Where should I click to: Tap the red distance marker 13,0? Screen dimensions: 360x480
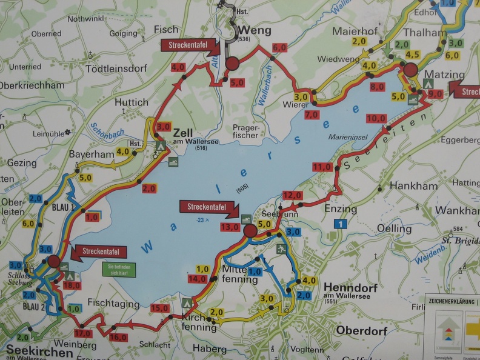point(230,227)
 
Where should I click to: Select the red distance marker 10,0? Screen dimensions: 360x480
point(376,118)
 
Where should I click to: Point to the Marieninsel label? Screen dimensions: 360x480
point(345,137)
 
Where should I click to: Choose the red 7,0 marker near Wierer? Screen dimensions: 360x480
point(312,115)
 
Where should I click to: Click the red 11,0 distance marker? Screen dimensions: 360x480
point(322,167)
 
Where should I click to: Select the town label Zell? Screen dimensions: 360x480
point(183,132)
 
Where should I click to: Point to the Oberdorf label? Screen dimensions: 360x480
point(344,330)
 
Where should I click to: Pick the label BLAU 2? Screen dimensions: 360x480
point(35,307)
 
